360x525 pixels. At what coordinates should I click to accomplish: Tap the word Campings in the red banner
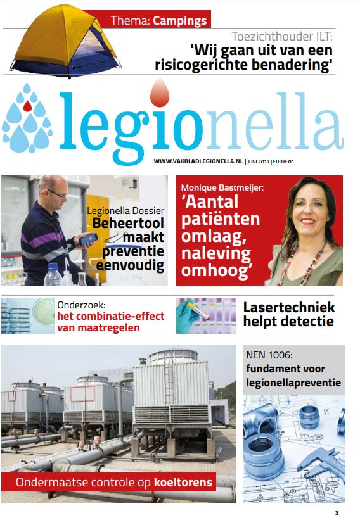pyautogui.click(x=179, y=20)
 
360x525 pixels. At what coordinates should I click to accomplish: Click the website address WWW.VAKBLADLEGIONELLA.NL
pyautogui.click(x=198, y=161)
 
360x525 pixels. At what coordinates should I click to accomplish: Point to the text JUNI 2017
pyautogui.click(x=257, y=161)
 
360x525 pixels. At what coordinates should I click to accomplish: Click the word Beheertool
pyautogui.click(x=128, y=224)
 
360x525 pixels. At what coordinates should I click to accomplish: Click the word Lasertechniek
pyautogui.click(x=288, y=308)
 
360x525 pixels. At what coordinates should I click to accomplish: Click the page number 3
pyautogui.click(x=337, y=513)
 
